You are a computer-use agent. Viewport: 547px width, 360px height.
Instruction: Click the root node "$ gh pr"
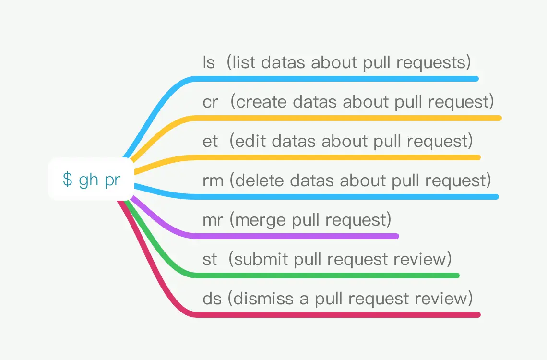pos(91,180)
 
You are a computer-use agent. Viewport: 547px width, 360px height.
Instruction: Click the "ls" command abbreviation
pos(209,62)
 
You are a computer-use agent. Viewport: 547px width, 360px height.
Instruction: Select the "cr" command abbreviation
pos(210,102)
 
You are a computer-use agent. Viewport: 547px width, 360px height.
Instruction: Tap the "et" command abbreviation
pos(210,141)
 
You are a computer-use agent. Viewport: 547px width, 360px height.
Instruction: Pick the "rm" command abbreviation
pos(213,180)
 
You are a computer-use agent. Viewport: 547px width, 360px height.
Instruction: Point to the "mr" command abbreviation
pos(213,220)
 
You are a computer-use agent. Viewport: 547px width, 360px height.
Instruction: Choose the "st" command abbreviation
pos(210,259)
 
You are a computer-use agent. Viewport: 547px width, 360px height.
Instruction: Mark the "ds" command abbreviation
pos(212,299)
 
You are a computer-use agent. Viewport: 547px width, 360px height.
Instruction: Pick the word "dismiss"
pos(263,299)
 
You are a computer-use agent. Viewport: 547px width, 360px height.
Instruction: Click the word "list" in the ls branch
pos(244,62)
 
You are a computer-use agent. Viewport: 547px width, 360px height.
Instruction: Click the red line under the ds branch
pos(244,315)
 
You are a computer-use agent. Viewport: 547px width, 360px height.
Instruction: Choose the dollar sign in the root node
pos(68,180)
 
